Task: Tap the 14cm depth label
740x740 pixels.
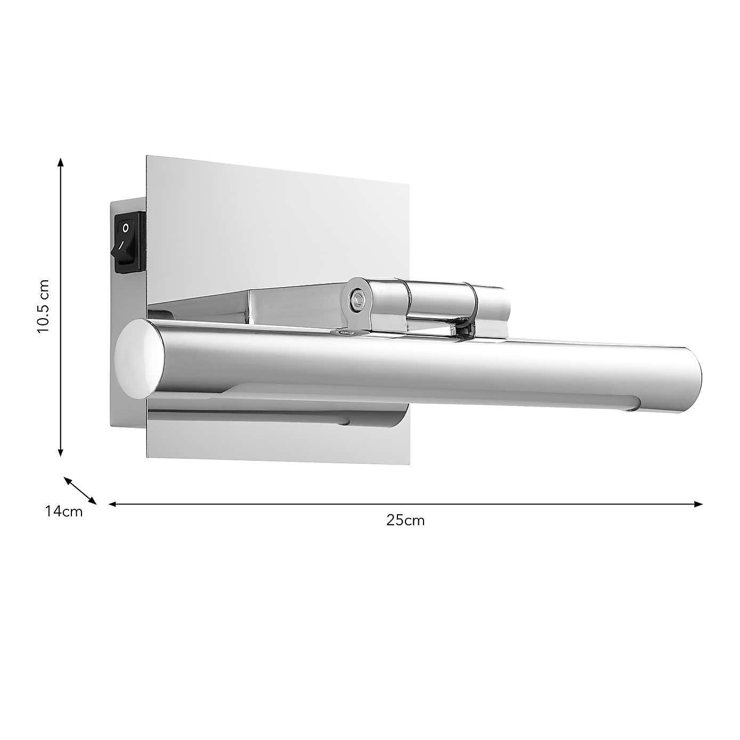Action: tap(64, 512)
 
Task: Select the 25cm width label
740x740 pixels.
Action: tap(406, 521)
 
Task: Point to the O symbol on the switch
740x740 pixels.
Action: tap(125, 228)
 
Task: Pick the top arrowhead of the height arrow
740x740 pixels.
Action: tap(61, 161)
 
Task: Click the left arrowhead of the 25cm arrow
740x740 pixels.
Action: tap(112, 503)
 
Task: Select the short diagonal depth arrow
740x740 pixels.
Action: tap(80, 490)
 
